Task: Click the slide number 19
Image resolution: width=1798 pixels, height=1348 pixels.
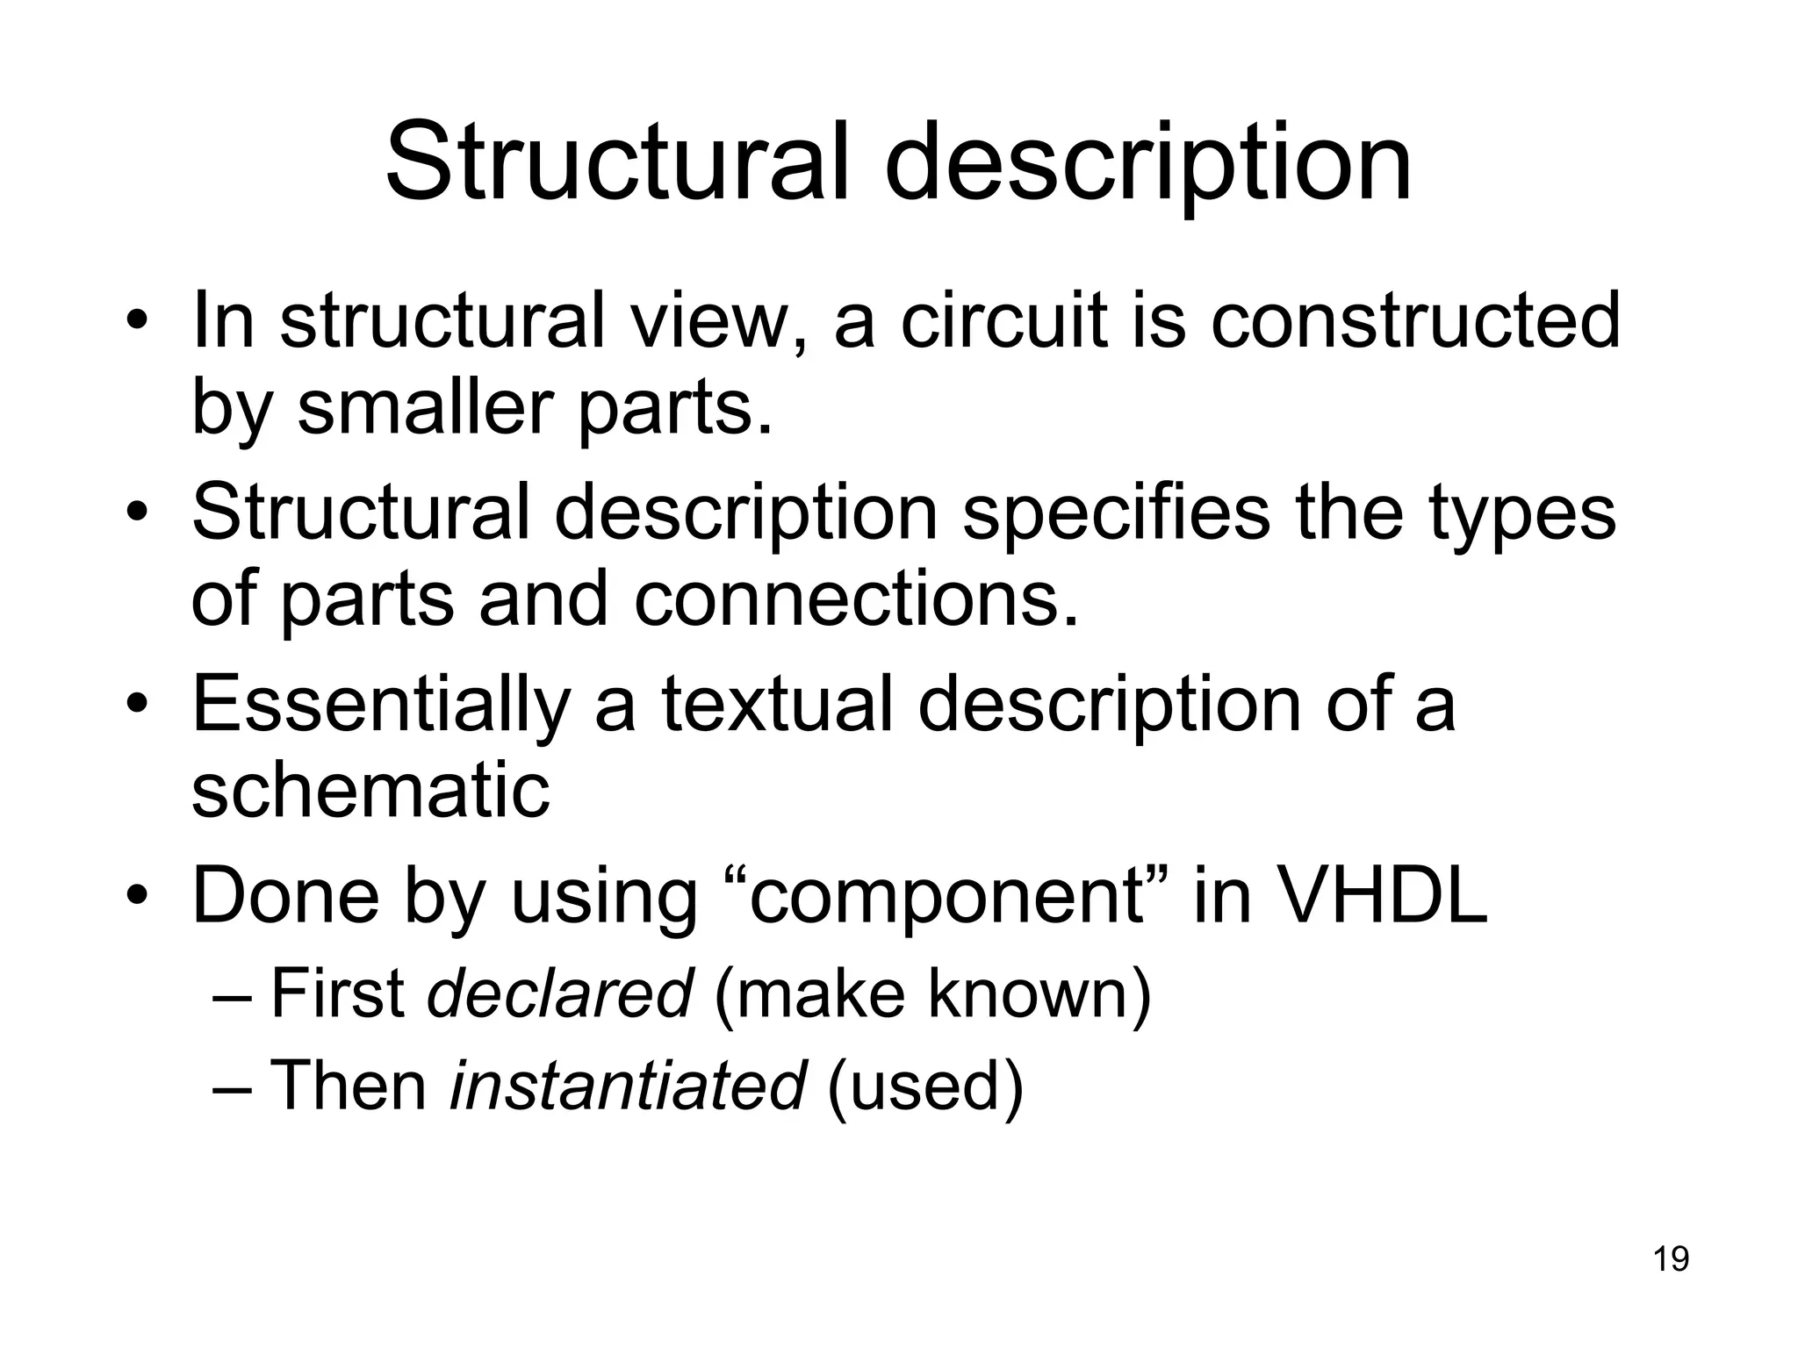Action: pyautogui.click(x=1671, y=1259)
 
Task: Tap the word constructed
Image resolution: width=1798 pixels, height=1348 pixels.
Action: pyautogui.click(x=1415, y=321)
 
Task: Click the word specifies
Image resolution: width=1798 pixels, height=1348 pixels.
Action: pyautogui.click(x=1116, y=513)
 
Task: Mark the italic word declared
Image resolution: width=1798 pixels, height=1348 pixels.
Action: pyautogui.click(x=559, y=993)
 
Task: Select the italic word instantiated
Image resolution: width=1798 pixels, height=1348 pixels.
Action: pyautogui.click(x=627, y=1086)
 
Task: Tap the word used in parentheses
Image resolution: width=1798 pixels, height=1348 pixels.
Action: pyautogui.click(x=925, y=1086)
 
